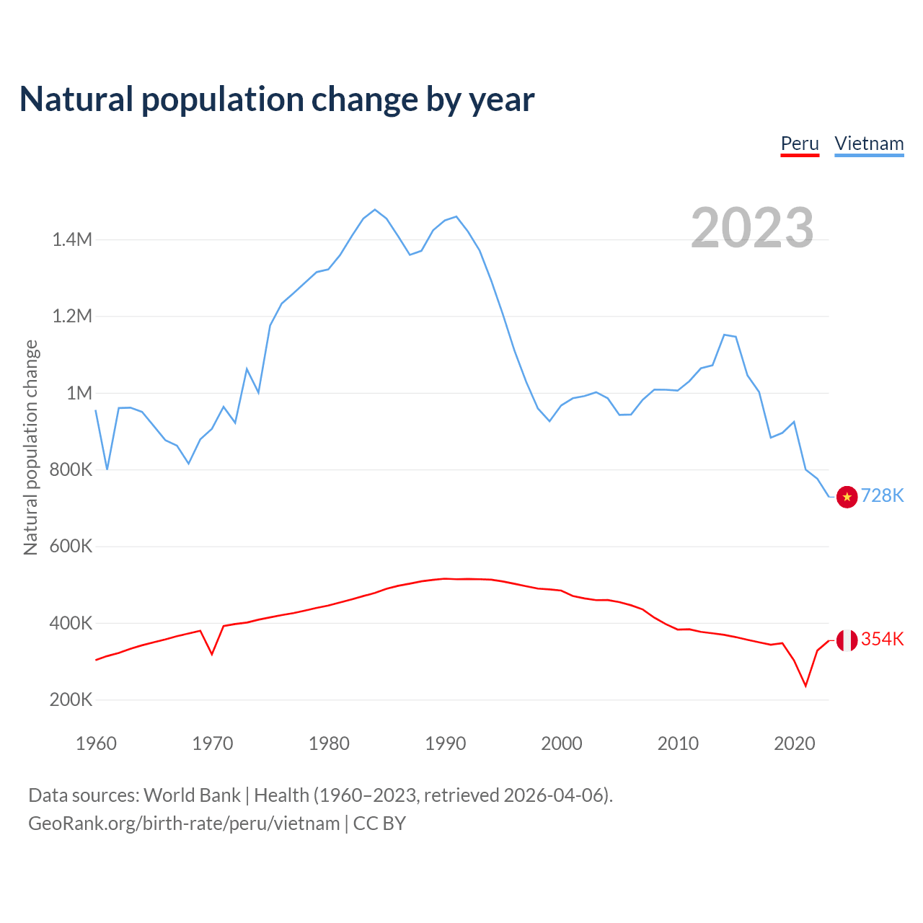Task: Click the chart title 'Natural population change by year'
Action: tap(277, 100)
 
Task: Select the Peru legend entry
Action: tap(800, 143)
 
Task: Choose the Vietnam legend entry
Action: tap(869, 143)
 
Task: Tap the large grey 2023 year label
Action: tap(752, 228)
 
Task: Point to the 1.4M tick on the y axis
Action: tap(72, 239)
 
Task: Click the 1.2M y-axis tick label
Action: tap(72, 316)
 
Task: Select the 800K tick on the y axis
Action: tap(71, 469)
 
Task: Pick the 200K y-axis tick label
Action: tap(71, 699)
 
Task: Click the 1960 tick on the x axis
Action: tap(96, 743)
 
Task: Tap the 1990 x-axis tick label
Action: tap(445, 743)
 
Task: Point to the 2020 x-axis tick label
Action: tap(794, 743)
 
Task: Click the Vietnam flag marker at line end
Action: tap(847, 497)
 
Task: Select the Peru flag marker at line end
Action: tap(847, 640)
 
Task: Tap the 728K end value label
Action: tap(882, 495)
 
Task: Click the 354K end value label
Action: tap(882, 639)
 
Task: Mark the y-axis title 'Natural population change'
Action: tap(30, 448)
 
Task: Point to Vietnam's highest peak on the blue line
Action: tap(374, 209)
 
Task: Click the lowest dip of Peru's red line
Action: tap(805, 686)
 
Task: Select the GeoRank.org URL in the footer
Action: tap(184, 823)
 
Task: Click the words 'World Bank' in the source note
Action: tap(192, 795)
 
